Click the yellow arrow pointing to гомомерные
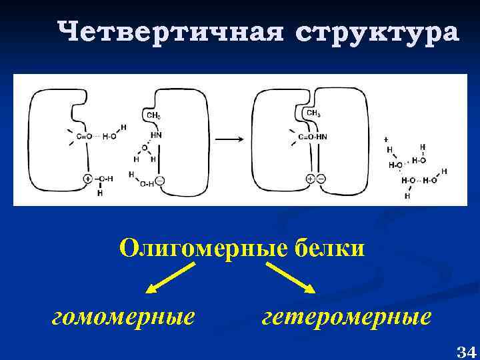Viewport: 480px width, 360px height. click(x=169, y=277)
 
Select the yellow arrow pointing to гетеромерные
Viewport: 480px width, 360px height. click(x=291, y=277)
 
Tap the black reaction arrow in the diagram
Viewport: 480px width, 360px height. click(x=229, y=139)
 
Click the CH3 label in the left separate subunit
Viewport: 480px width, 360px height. click(x=153, y=116)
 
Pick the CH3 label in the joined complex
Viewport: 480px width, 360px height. click(x=313, y=114)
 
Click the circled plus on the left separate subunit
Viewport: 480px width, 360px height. click(x=87, y=179)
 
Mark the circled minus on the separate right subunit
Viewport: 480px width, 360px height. click(x=161, y=181)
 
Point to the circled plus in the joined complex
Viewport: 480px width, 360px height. click(x=310, y=179)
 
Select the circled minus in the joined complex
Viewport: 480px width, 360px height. click(x=321, y=179)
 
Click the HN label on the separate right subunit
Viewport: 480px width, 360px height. click(x=155, y=134)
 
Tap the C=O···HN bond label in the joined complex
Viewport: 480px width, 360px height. click(x=313, y=137)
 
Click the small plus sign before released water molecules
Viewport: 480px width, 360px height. click(x=385, y=138)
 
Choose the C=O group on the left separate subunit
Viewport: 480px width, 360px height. click(x=85, y=137)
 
